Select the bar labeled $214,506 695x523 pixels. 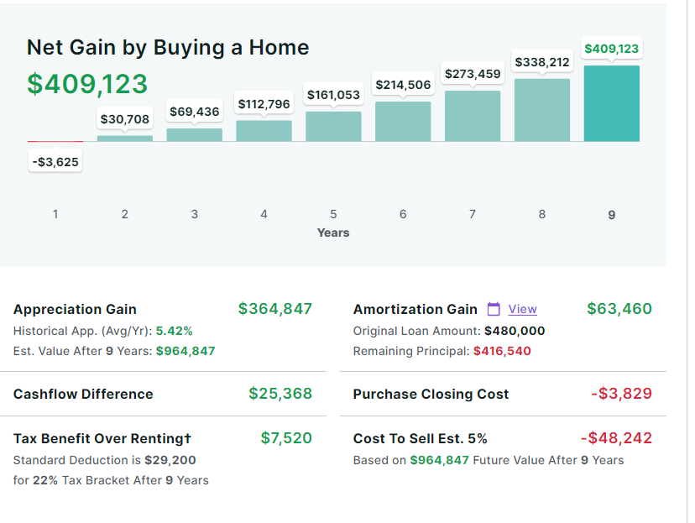click(x=403, y=121)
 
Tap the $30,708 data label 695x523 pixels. click(x=125, y=119)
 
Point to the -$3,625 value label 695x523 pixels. click(x=56, y=161)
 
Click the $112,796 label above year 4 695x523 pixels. click(x=264, y=104)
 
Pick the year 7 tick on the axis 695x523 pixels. click(x=473, y=214)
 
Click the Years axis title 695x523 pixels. click(x=333, y=233)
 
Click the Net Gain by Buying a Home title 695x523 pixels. click(x=168, y=48)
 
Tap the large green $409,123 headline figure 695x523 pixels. click(x=87, y=84)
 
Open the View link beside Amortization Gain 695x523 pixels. click(x=522, y=309)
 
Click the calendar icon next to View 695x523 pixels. click(x=494, y=309)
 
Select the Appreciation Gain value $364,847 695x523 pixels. click(x=275, y=309)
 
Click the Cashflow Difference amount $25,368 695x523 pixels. click(x=280, y=394)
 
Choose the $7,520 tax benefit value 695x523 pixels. click(x=286, y=437)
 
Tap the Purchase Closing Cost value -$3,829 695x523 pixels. click(x=621, y=394)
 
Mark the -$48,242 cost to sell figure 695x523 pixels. click(x=616, y=437)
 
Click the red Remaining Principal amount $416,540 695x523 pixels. click(x=502, y=351)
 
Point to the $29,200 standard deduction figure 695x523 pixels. click(x=170, y=460)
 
